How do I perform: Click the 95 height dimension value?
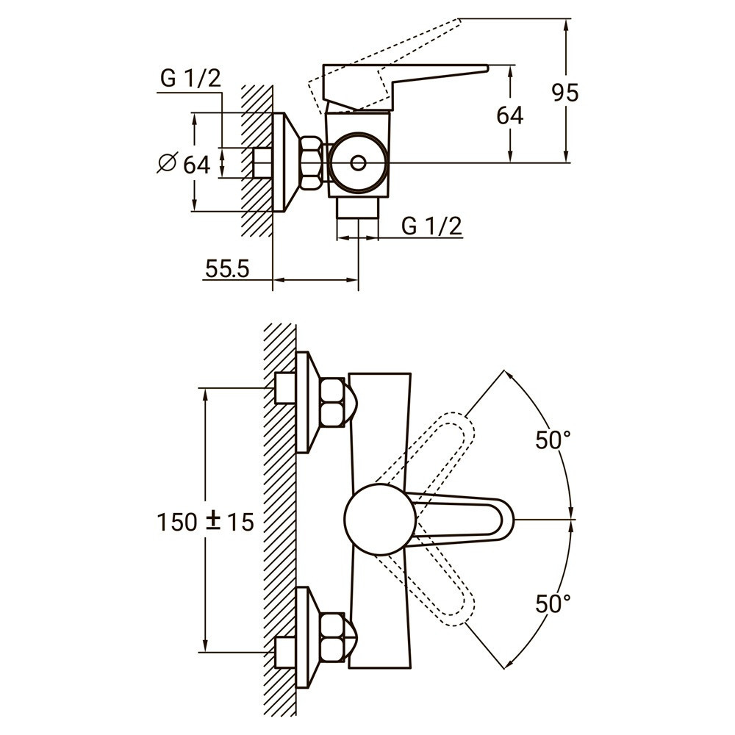point(565,93)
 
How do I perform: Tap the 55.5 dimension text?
point(227,269)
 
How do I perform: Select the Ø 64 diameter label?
point(184,164)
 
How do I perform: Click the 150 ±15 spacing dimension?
point(205,522)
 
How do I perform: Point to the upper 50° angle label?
point(553,440)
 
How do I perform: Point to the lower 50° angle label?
point(553,604)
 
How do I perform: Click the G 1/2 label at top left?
point(190,78)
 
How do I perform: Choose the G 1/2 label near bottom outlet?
point(432,226)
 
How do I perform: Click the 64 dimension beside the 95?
point(509,115)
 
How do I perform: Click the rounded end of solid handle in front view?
point(502,519)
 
